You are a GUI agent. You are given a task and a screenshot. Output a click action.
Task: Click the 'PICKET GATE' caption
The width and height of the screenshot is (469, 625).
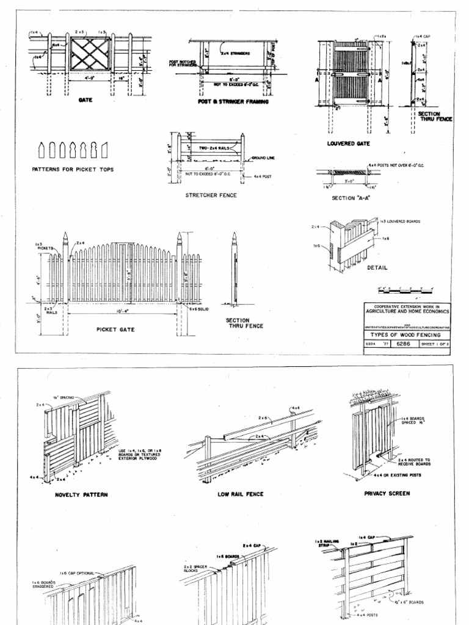[x=115, y=330]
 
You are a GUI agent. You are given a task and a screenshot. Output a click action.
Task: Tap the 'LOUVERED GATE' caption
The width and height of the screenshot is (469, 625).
[x=349, y=143]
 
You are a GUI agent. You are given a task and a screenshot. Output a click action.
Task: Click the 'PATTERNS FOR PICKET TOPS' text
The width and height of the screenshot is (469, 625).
[x=72, y=168]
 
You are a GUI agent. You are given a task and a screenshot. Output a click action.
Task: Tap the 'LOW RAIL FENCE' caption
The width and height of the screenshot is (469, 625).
[x=240, y=494]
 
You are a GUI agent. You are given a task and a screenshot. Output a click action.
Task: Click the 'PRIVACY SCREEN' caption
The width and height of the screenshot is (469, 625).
[x=387, y=493]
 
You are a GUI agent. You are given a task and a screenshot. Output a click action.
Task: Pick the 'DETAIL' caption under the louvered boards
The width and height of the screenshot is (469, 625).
[x=377, y=267]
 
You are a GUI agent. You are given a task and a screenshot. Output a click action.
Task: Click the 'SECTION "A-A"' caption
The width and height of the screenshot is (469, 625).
[x=351, y=198]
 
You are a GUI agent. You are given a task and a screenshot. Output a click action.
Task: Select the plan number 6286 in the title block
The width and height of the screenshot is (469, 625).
[x=404, y=344]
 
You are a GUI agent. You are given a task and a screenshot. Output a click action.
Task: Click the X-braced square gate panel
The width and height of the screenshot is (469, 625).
[x=87, y=54]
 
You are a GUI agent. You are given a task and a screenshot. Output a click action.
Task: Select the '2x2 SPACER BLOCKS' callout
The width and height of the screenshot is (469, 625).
[x=195, y=569]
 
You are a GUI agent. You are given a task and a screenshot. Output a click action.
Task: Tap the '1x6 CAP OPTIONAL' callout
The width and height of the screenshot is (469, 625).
[x=77, y=573]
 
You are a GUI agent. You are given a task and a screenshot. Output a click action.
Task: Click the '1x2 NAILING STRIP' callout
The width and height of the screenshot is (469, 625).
[x=327, y=543]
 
